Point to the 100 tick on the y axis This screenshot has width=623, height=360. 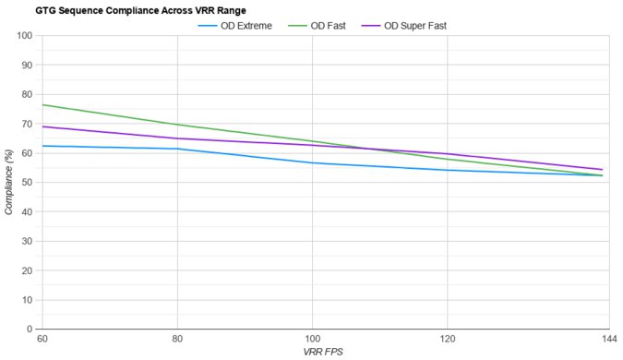pos(25,36)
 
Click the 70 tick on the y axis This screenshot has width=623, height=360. pos(28,124)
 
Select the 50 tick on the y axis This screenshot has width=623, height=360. pos(28,183)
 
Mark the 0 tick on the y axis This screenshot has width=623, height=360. pos(30,329)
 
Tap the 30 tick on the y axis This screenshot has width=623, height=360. pos(28,241)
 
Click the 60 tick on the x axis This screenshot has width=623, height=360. pos(42,340)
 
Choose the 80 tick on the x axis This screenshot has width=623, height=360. pos(176,340)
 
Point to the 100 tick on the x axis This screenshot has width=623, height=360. pos(312,340)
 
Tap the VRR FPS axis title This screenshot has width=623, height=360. pos(323,353)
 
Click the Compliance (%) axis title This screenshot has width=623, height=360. pos(9,182)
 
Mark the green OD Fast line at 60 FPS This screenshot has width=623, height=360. pos(42,105)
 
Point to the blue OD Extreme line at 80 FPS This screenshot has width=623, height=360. pos(176,149)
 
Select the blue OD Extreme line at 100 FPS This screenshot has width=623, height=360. pos(312,162)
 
